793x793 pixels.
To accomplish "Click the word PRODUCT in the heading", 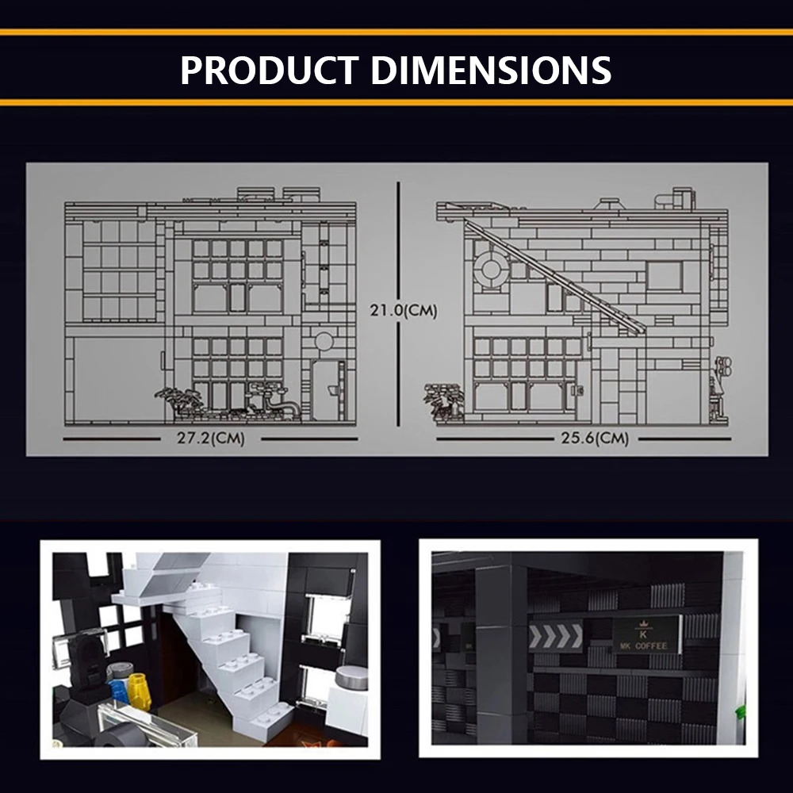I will [269, 70].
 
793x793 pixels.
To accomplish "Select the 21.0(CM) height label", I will [404, 311].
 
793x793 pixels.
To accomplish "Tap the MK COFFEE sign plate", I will [646, 635].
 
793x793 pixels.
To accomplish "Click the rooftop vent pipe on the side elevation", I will [682, 197].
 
